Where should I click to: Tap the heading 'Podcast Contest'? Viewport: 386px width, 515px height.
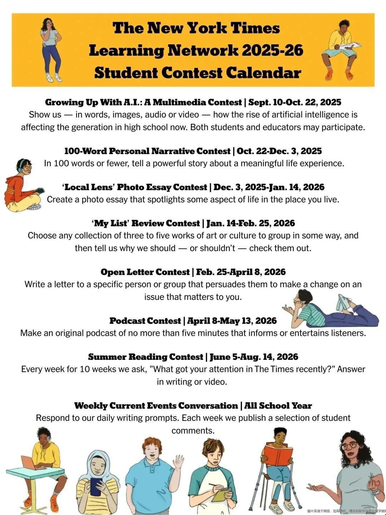pyautogui.click(x=145, y=321)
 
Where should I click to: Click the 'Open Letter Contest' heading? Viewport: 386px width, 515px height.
pyautogui.click(x=145, y=272)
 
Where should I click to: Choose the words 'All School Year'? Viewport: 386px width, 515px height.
pyautogui.click(x=278, y=406)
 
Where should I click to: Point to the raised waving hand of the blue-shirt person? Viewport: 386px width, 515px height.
pyautogui.click(x=178, y=462)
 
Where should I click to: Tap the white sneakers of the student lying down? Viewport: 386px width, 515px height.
pyautogui.click(x=344, y=303)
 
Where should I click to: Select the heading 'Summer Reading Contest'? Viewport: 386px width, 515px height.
pyautogui.click(x=145, y=357)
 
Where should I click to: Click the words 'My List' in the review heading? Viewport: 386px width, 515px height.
pyautogui.click(x=110, y=224)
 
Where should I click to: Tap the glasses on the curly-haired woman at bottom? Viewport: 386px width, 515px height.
pyautogui.click(x=350, y=445)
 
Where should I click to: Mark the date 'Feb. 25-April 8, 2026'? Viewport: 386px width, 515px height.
pyautogui.click(x=241, y=272)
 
